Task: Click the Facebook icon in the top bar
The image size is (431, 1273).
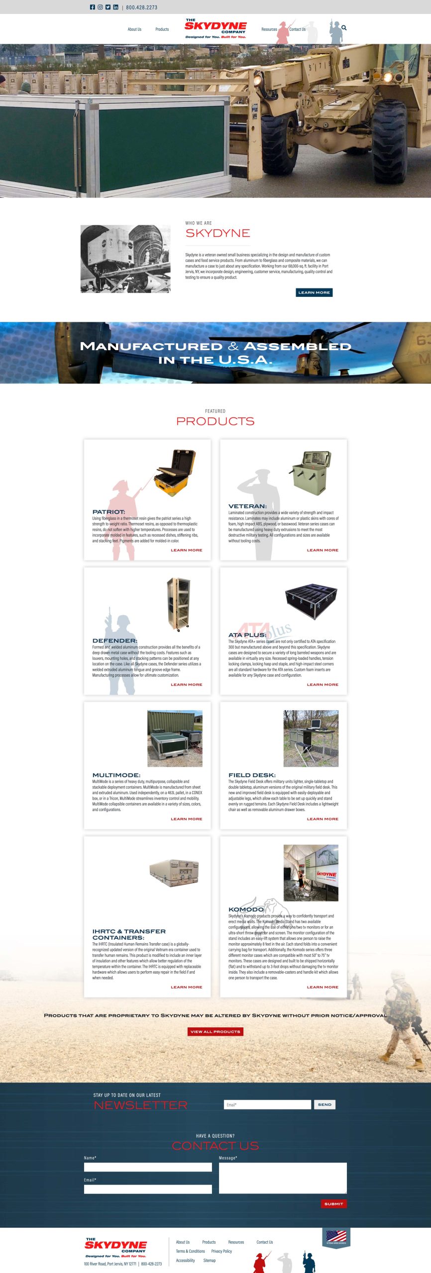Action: [92, 7]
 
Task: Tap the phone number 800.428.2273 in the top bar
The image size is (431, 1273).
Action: [141, 7]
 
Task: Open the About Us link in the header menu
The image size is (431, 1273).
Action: [134, 29]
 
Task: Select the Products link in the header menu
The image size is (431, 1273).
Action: [162, 29]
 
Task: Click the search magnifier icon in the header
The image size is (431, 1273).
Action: [344, 28]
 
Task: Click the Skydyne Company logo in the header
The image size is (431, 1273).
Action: [215, 29]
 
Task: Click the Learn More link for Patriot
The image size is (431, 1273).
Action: [186, 550]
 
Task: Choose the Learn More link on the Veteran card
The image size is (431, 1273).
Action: [323, 550]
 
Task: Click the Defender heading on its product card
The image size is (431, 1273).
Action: [114, 640]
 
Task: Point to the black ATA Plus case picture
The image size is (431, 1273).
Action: [311, 601]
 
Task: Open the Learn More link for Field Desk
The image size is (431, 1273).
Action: [323, 818]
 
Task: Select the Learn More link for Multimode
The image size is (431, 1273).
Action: [186, 818]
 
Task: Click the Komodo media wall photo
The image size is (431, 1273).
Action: [311, 873]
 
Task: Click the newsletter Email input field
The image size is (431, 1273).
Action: [267, 1104]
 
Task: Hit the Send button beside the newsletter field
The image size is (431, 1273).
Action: [324, 1104]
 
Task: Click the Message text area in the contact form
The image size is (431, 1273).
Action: [283, 1178]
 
